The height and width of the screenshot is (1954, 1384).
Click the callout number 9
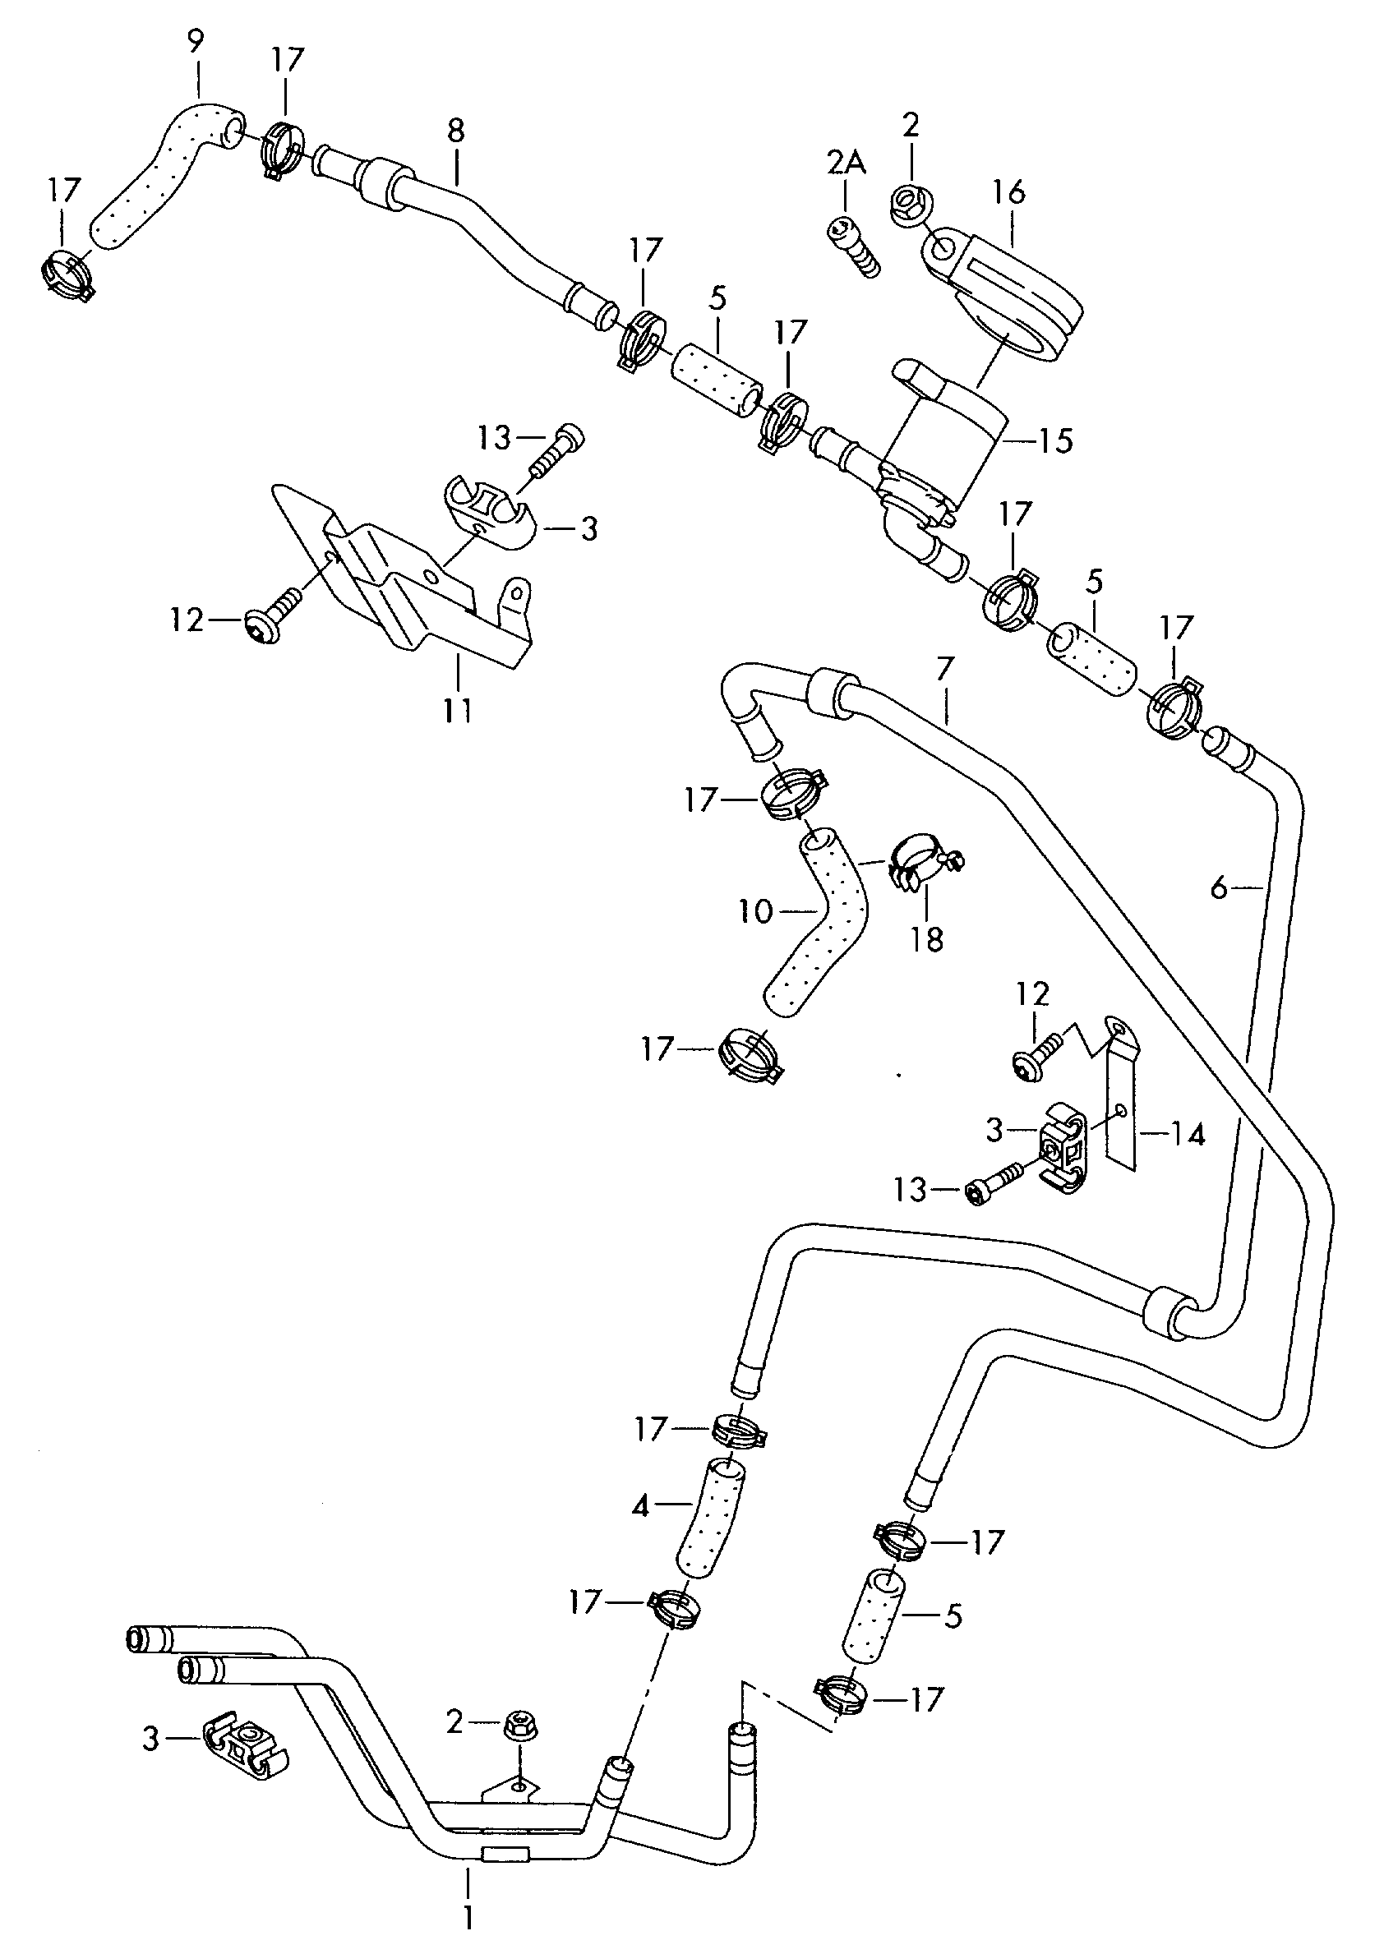pos(196,42)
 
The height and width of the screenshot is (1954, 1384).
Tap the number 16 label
pos(1009,192)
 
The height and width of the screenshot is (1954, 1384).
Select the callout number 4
pos(641,1507)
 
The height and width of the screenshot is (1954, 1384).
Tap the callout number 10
pos(755,912)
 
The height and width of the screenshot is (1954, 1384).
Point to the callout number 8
pos(456,131)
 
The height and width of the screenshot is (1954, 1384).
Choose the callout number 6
pos(1220,889)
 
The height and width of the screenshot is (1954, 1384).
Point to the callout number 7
pos(944,668)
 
